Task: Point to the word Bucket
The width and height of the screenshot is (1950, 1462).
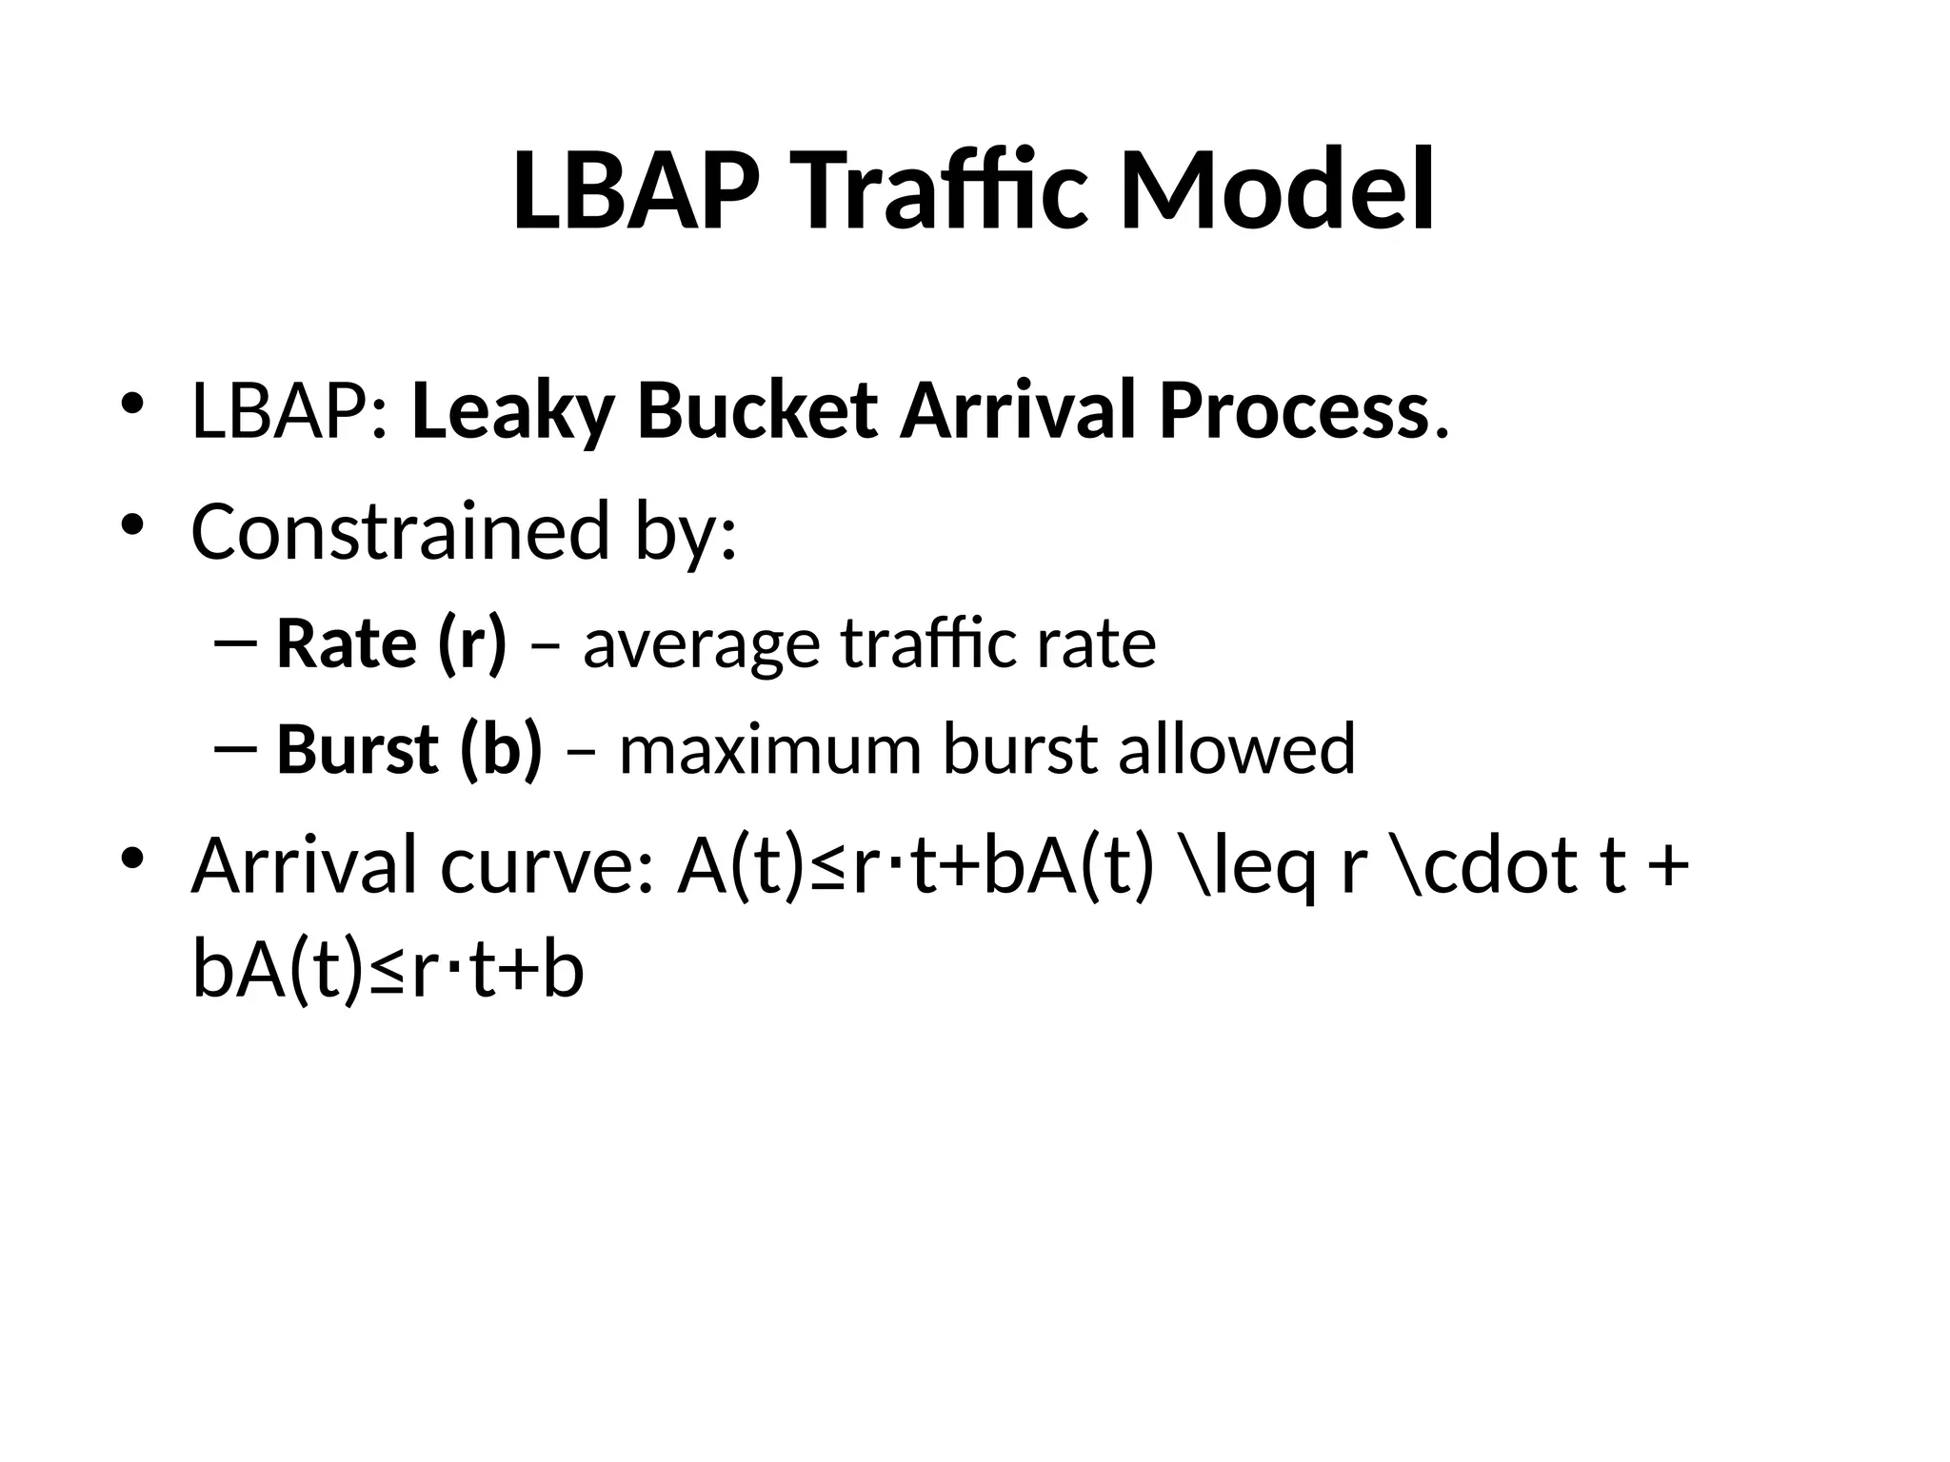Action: pos(757,412)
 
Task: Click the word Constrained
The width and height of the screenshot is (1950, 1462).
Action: pos(400,531)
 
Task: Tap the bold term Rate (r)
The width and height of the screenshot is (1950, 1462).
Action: pos(391,644)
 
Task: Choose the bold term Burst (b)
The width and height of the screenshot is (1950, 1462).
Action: pos(409,749)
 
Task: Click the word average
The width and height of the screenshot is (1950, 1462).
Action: pos(702,644)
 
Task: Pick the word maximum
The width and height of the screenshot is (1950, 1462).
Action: pos(770,749)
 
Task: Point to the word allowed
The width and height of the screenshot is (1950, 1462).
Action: pos(1236,749)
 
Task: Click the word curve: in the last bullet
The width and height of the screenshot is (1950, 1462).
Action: pos(547,865)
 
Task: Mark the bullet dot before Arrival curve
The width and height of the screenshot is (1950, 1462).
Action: pos(132,859)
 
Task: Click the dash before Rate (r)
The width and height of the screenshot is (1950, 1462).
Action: pos(236,643)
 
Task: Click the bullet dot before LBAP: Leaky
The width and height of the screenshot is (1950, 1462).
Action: pos(132,405)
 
